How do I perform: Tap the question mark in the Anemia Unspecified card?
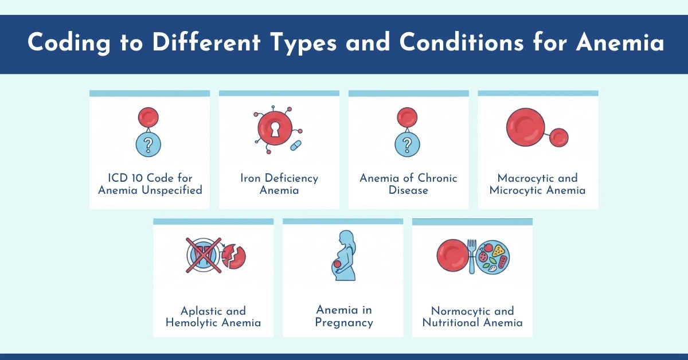click(x=148, y=145)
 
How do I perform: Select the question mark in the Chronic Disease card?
click(x=408, y=145)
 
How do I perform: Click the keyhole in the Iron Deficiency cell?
click(x=275, y=128)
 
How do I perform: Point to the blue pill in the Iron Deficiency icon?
click(x=296, y=146)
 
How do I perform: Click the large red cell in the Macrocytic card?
click(x=526, y=126)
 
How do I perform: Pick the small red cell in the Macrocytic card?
click(x=558, y=138)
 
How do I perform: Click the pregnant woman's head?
click(x=346, y=237)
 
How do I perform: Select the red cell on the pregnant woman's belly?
click(x=338, y=264)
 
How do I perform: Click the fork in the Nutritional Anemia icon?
click(x=472, y=255)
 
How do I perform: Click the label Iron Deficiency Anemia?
click(x=279, y=184)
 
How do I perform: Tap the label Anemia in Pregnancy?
click(x=344, y=316)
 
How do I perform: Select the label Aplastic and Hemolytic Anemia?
click(x=213, y=316)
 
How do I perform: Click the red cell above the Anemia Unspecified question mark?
click(x=148, y=117)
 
